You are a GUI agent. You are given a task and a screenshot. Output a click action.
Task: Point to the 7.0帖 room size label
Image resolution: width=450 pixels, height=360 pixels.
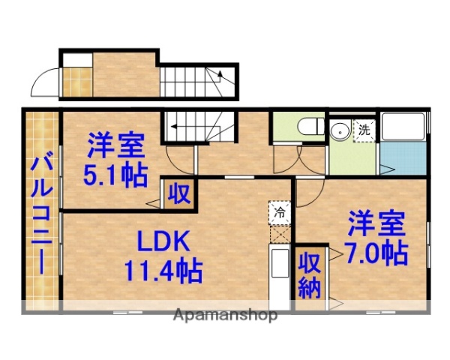tap(376, 253)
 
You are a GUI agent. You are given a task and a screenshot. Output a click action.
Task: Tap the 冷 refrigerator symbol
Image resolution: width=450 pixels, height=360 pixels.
tap(279, 212)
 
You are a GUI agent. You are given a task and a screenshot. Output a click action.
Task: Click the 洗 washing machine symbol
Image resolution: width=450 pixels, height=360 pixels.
tap(364, 128)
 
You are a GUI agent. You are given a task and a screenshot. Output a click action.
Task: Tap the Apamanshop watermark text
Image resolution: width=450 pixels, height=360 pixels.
tap(225, 315)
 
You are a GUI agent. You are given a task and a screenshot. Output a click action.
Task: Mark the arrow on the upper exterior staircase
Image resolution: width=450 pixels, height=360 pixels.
tap(220, 74)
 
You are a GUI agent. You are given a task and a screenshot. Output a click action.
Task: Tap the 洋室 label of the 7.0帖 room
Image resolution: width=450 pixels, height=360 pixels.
tap(376, 223)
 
